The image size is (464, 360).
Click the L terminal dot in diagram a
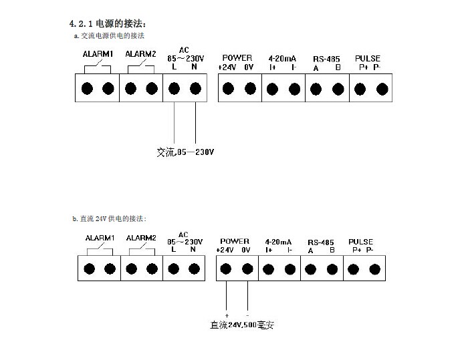point(175,88)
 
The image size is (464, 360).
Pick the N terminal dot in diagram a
point(195,88)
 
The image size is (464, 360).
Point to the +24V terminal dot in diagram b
point(226,269)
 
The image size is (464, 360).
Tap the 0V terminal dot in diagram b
point(247,269)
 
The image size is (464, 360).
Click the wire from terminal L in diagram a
point(175,124)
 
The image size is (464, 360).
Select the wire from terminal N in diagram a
point(195,124)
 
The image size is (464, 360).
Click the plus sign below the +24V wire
point(227,315)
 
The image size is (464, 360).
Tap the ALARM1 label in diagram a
point(98,54)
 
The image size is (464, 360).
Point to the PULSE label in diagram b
point(361,242)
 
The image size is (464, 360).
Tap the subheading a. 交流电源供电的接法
point(109,35)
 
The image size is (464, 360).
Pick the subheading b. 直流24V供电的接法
point(108,218)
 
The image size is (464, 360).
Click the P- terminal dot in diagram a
point(382,88)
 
